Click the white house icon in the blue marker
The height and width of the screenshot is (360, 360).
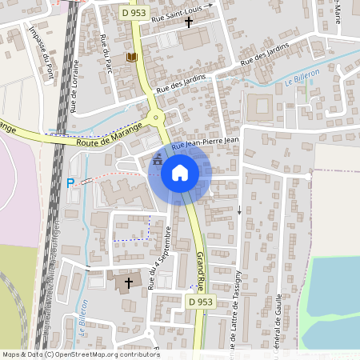pyautogui.click(x=180, y=172)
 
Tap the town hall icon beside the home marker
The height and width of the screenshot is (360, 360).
pyautogui.click(x=157, y=159)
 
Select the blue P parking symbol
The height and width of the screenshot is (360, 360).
pyautogui.click(x=70, y=183)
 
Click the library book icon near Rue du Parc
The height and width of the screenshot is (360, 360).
pyautogui.click(x=131, y=57)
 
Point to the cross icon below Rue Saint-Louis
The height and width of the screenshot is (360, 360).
pyautogui.click(x=189, y=22)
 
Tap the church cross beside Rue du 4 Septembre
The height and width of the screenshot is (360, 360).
pyautogui.click(x=130, y=282)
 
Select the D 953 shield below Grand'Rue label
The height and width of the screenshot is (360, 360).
pyautogui.click(x=202, y=302)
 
